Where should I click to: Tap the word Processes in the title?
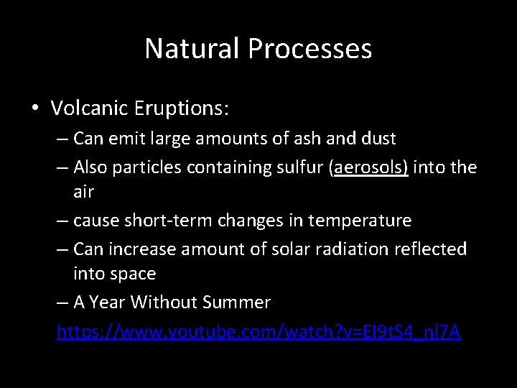[x=310, y=49]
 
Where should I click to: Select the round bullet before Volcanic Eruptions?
[x=34, y=109]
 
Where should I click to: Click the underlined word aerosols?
[x=368, y=167]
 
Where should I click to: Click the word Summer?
[x=238, y=302]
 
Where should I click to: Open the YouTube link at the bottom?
[x=258, y=332]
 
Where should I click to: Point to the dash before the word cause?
[x=62, y=221]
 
